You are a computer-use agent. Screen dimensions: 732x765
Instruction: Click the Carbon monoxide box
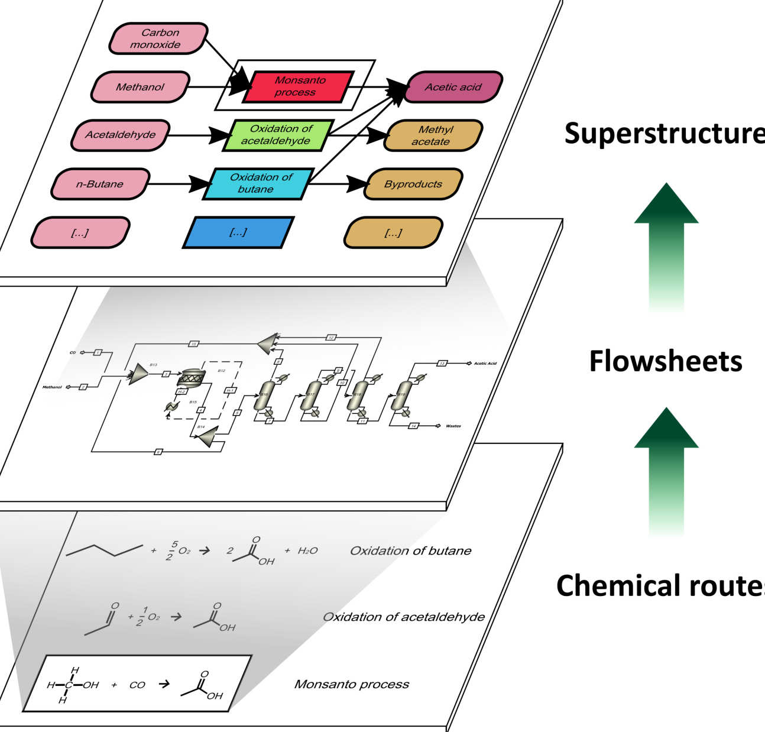pos(158,39)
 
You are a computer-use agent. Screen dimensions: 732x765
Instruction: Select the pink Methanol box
pos(140,88)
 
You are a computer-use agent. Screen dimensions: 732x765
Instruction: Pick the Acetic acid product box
pos(453,88)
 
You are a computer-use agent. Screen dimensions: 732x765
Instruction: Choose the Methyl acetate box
pos(433,135)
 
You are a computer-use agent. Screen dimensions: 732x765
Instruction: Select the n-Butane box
pos(100,184)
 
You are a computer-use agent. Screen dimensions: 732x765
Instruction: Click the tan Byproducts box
pos(413,184)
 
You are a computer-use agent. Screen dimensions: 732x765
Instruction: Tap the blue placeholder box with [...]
pos(238,232)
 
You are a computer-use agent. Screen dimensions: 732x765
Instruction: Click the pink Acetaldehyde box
pos(121,135)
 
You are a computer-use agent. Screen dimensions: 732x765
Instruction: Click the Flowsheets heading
pos(666,361)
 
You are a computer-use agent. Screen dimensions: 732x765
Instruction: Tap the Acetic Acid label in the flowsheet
pos(485,363)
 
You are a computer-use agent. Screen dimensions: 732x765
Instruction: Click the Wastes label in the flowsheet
pos(453,426)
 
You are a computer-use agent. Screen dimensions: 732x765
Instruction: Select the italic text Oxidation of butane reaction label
pos(411,551)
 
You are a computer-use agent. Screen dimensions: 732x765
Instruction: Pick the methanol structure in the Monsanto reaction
pos(73,685)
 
